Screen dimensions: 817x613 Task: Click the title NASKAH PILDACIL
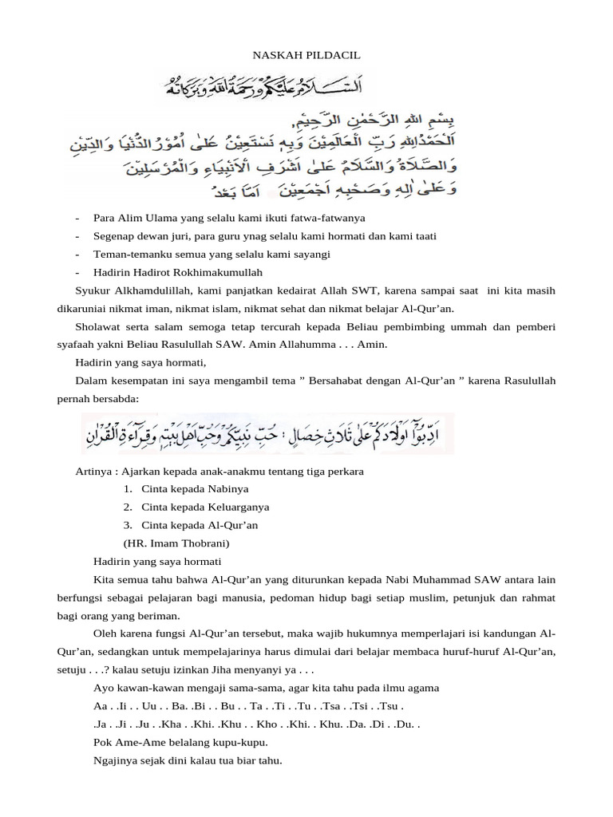point(306,55)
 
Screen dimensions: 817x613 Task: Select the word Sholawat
point(97,327)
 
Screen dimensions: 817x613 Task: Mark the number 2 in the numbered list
point(128,507)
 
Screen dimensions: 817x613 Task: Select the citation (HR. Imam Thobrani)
point(177,543)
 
